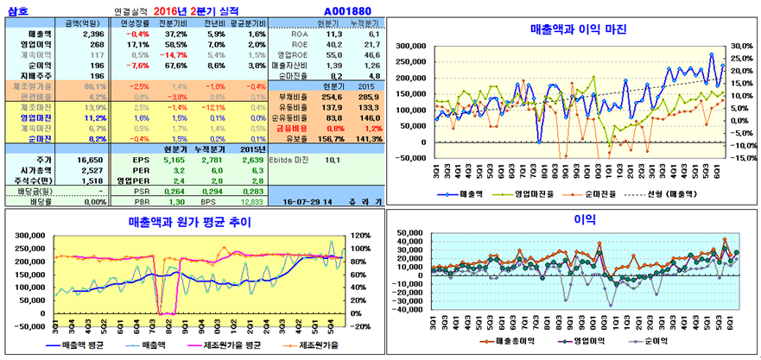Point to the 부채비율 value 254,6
click(332, 97)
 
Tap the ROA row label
click(299, 33)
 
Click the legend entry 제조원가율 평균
click(215, 345)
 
